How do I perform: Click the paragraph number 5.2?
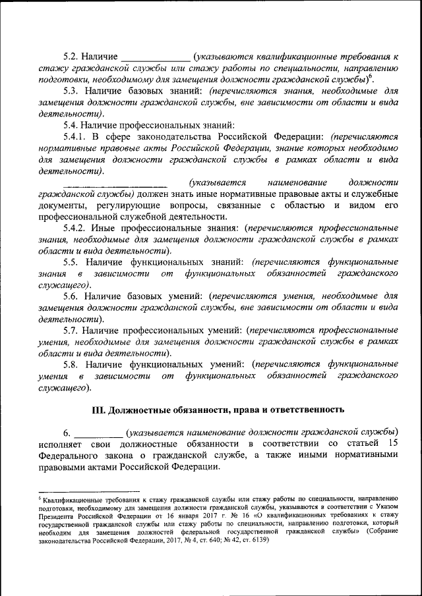point(71,57)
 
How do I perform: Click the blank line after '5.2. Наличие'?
point(157,58)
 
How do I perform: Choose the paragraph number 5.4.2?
point(75,227)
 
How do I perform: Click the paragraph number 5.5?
point(71,261)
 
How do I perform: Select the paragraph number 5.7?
point(71,329)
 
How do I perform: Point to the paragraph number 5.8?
point(71,364)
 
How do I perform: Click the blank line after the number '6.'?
point(98,433)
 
